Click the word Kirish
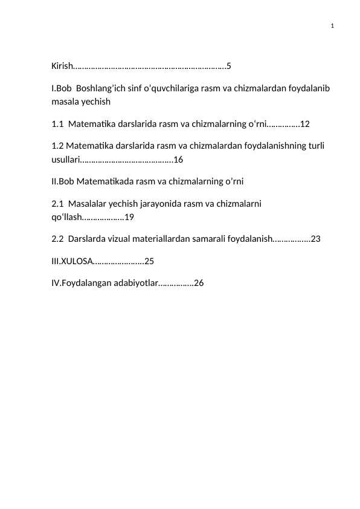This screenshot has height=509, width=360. [61, 65]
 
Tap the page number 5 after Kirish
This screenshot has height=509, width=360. [229, 65]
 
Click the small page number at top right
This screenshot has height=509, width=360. [333, 26]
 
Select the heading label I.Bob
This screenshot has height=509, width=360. [62, 88]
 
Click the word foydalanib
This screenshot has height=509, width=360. [307, 88]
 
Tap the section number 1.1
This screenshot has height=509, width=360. [58, 124]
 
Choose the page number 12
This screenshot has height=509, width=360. [305, 124]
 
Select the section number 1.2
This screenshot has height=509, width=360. [58, 146]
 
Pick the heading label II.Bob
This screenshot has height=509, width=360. [63, 181]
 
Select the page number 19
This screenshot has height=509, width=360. [129, 218]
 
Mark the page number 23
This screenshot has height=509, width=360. [315, 239]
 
